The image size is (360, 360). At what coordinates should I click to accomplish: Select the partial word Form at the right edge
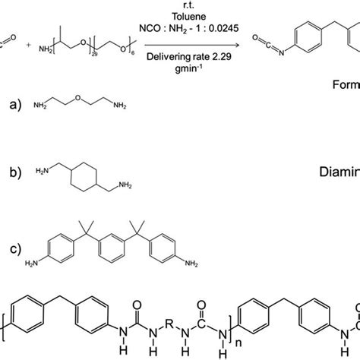[345, 85]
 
